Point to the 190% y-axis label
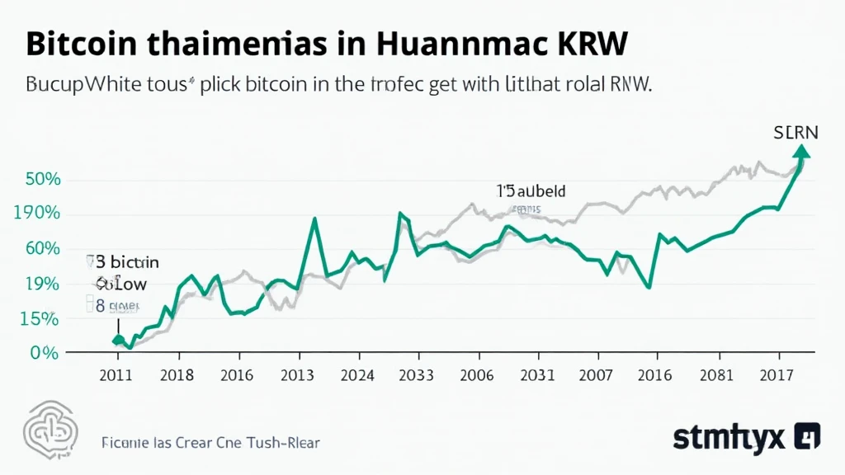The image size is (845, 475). click(37, 214)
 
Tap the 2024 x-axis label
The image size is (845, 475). click(357, 375)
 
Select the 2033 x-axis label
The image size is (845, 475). click(418, 375)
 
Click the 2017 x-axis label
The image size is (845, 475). click(779, 375)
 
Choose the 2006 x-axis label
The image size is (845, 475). click(478, 375)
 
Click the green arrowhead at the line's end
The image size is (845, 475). click(802, 149)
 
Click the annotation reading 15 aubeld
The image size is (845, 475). click(531, 190)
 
